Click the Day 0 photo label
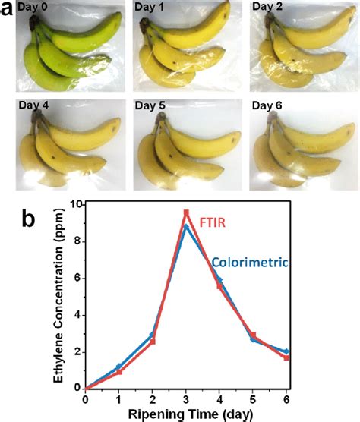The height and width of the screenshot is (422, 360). (36, 7)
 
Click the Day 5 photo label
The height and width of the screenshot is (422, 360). (152, 106)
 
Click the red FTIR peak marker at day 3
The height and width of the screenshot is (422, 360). (186, 213)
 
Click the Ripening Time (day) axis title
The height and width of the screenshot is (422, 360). (188, 413)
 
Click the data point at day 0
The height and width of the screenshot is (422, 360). (87, 388)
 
